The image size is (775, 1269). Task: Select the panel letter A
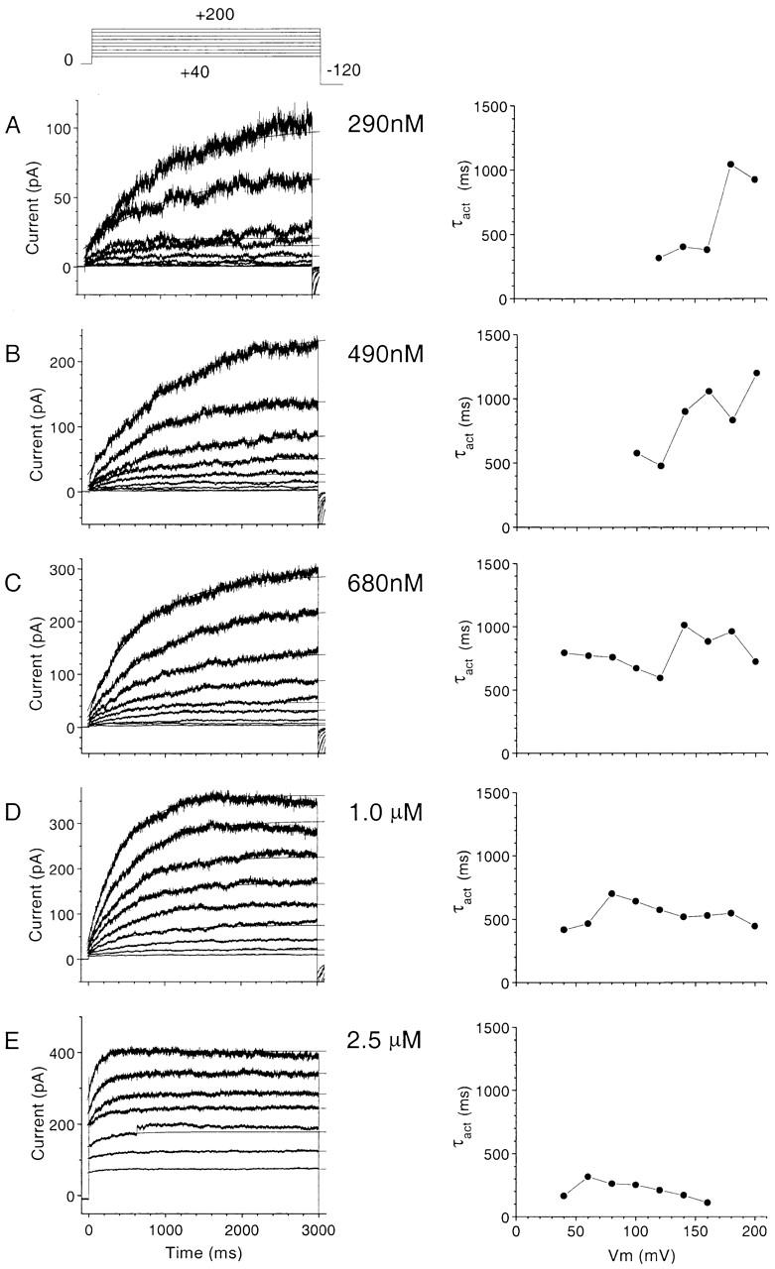click(12, 125)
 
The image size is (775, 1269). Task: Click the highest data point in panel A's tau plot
click(730, 165)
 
